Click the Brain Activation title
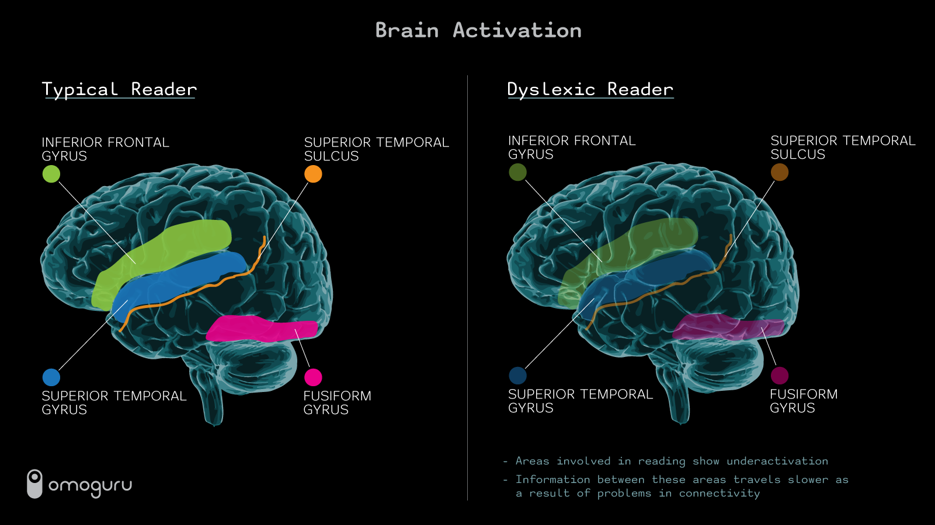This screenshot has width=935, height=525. pyautogui.click(x=478, y=30)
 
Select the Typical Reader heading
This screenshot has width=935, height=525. pyautogui.click(x=119, y=89)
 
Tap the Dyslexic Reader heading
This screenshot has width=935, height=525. pyautogui.click(x=590, y=89)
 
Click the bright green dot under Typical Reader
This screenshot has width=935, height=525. pyautogui.click(x=51, y=174)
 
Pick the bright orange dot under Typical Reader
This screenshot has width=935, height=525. pyautogui.click(x=313, y=174)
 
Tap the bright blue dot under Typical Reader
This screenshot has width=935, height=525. pyautogui.click(x=51, y=377)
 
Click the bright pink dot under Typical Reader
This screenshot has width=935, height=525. pyautogui.click(x=313, y=377)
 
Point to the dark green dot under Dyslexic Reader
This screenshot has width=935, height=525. pyautogui.click(x=517, y=172)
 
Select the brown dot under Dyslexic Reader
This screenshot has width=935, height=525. pyautogui.click(x=780, y=172)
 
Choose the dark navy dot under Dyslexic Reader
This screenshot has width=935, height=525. pyautogui.click(x=517, y=375)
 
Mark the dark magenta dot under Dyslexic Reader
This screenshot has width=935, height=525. pyautogui.click(x=780, y=375)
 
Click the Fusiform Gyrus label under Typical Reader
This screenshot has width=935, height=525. pyautogui.click(x=337, y=402)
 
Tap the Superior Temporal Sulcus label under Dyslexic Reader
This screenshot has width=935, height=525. pyautogui.click(x=843, y=148)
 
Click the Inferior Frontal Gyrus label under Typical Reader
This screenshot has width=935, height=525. pyautogui.click(x=105, y=149)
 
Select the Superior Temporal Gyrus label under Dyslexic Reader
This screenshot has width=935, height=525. pyautogui.click(x=580, y=401)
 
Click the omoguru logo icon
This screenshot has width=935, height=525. pyautogui.click(x=35, y=484)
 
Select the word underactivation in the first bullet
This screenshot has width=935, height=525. pyautogui.click(x=777, y=461)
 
